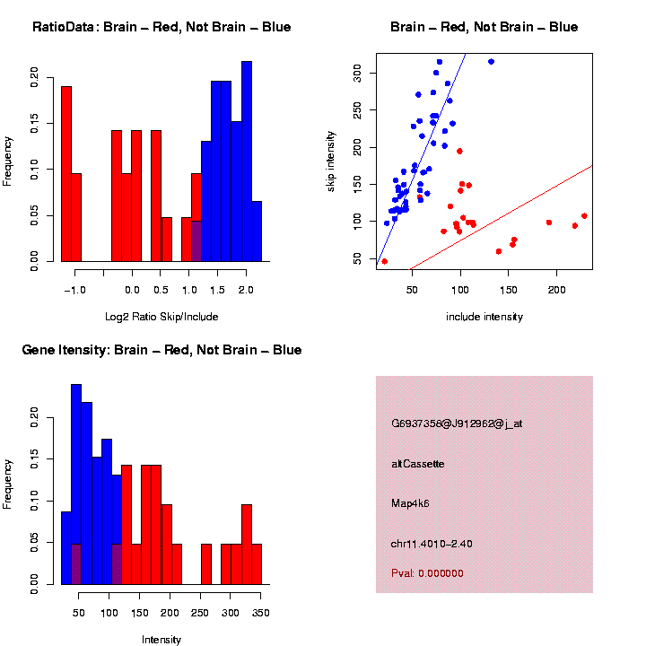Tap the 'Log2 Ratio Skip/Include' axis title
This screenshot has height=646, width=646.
click(x=161, y=316)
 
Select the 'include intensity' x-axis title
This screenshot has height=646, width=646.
click(x=484, y=316)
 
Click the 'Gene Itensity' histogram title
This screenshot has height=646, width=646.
click(x=161, y=350)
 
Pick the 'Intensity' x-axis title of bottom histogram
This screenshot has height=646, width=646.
click(x=161, y=640)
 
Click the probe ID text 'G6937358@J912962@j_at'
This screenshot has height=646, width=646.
click(x=457, y=423)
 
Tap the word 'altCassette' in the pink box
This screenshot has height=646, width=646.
click(x=418, y=464)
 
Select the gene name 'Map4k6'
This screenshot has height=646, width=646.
click(x=411, y=503)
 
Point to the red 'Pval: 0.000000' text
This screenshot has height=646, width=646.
click(x=427, y=573)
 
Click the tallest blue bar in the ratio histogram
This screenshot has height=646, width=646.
click(x=247, y=161)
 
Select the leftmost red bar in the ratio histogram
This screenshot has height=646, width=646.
click(x=66, y=174)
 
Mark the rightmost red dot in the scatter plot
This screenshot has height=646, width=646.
click(x=584, y=216)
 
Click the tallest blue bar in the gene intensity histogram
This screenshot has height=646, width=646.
click(x=76, y=484)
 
